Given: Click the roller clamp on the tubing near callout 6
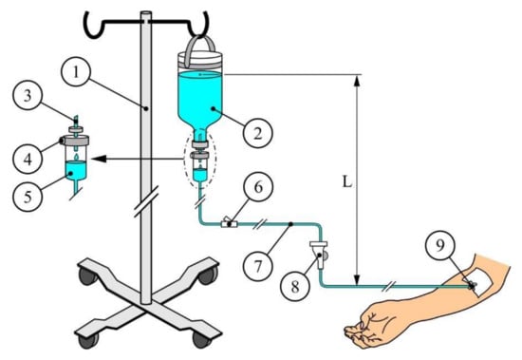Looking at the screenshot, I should point(229,224).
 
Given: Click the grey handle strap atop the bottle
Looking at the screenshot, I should point(200,45).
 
